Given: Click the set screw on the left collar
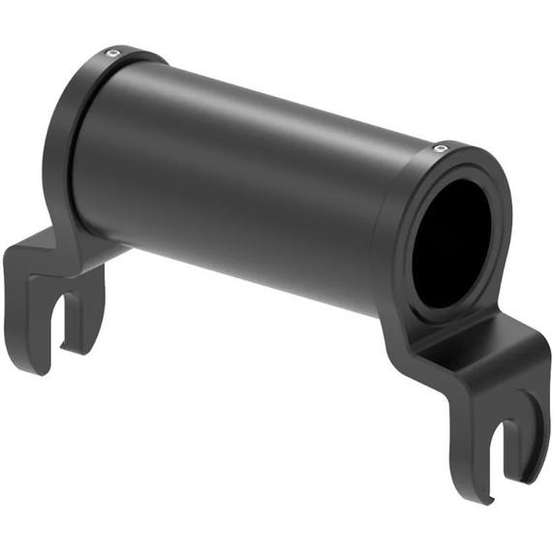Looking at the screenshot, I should point(113,52).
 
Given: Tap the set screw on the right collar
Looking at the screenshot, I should point(440,148).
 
